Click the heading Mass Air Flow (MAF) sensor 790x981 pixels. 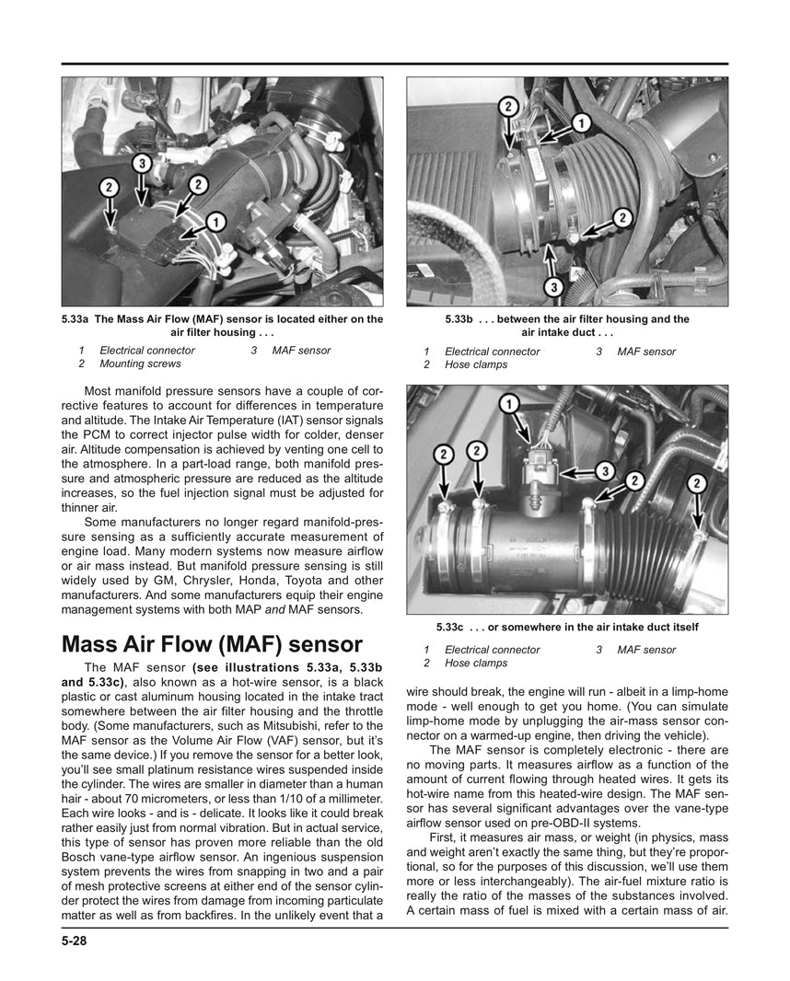(x=212, y=644)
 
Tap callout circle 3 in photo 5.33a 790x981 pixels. (x=141, y=165)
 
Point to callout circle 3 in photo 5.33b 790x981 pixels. (x=552, y=287)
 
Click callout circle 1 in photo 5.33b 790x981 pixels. (x=582, y=121)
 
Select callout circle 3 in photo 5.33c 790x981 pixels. (x=603, y=470)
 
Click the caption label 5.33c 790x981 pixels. (x=455, y=627)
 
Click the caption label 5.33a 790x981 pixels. (x=76, y=319)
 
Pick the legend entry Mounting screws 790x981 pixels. (x=141, y=364)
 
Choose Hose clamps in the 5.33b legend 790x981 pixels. (x=476, y=364)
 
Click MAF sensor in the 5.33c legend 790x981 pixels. (x=646, y=650)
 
